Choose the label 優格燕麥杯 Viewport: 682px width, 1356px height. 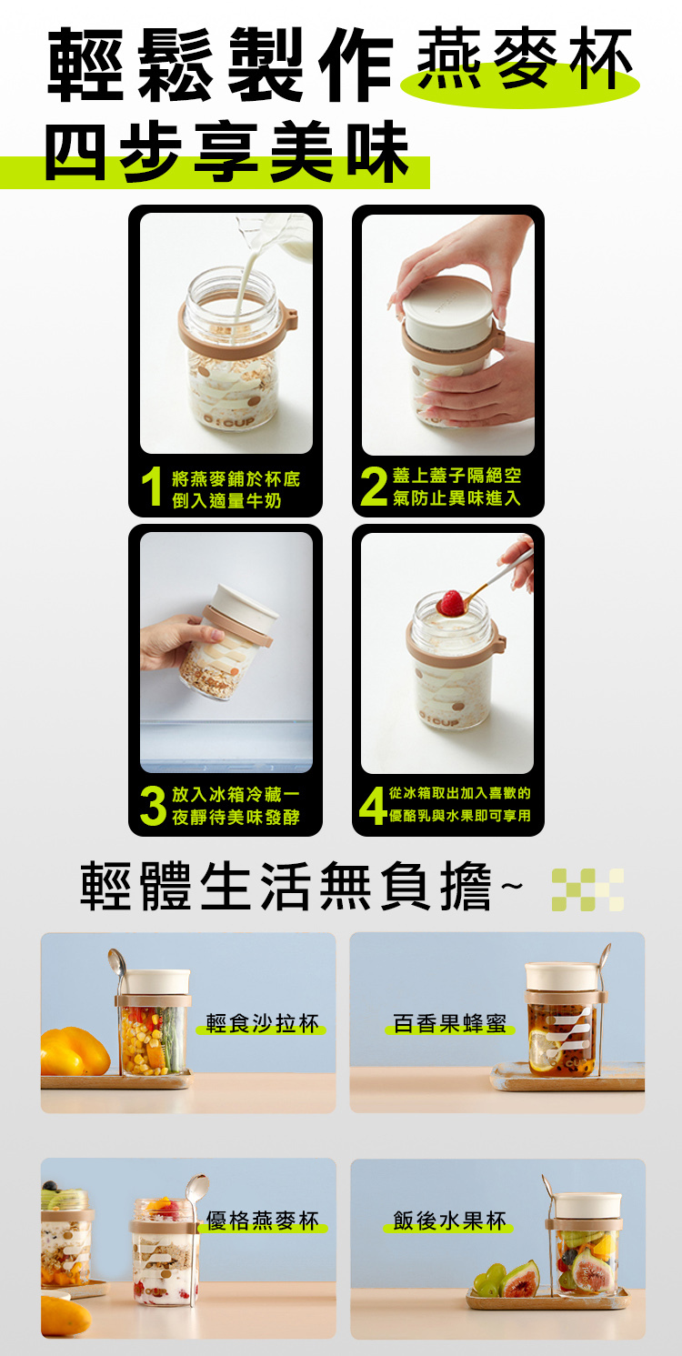point(262,1220)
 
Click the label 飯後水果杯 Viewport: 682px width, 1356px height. point(449,1220)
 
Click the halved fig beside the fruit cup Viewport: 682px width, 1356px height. point(522,1279)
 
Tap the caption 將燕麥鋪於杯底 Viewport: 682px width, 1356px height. point(236,478)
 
